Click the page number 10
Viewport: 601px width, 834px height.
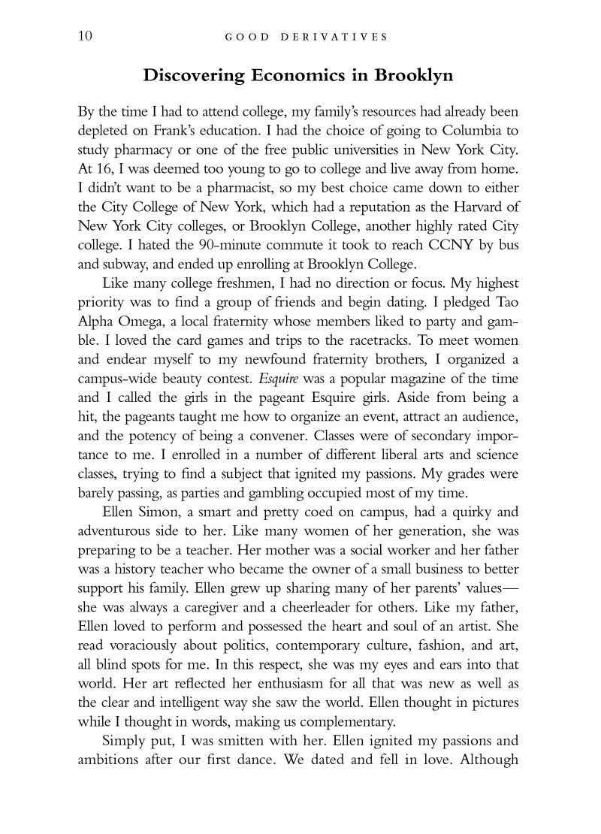[86, 36]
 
